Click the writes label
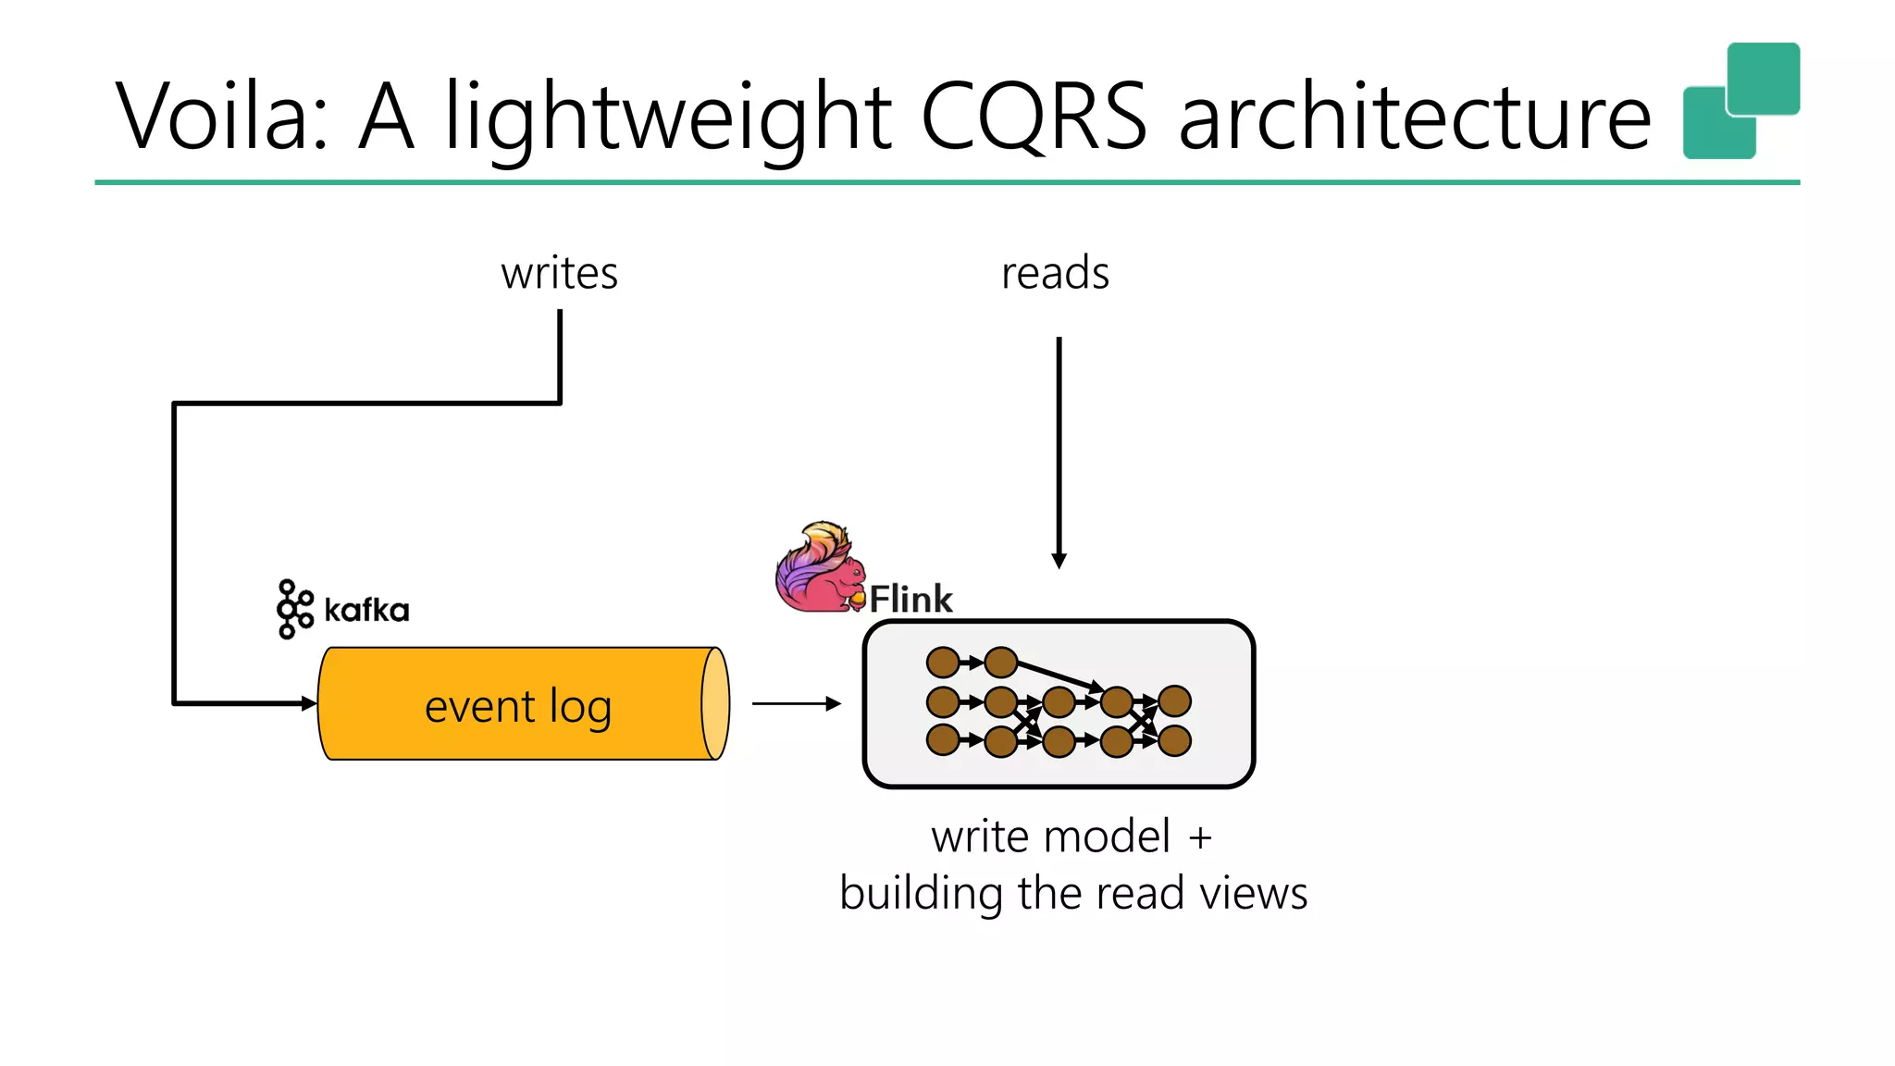coord(559,274)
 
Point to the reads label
coord(1055,274)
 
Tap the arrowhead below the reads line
coord(1059,561)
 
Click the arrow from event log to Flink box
coord(796,704)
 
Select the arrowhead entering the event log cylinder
coord(309,704)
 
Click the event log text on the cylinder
coord(518,707)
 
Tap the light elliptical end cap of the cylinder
coord(715,704)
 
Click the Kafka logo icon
coord(295,609)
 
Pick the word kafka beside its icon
coord(366,611)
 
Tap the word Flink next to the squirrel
coord(910,600)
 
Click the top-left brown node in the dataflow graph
coord(943,663)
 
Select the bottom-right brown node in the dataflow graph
coord(1174,741)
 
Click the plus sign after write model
coord(1200,838)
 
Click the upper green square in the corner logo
coord(1764,78)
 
